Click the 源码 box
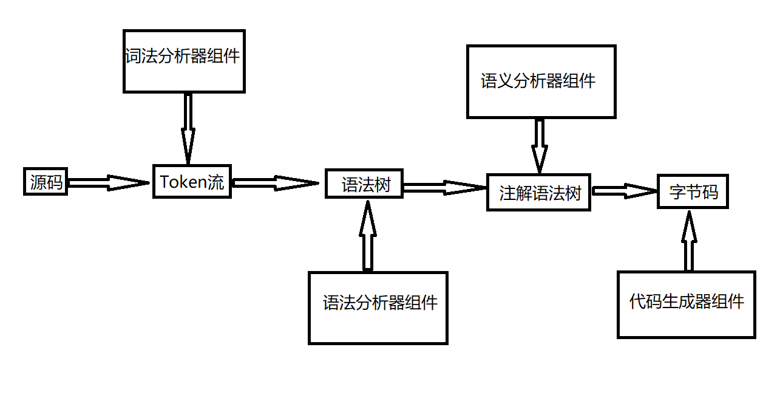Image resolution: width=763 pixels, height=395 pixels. pyautogui.click(x=46, y=182)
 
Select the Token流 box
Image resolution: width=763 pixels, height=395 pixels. pyautogui.click(x=192, y=181)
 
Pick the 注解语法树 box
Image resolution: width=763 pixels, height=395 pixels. pyautogui.click(x=538, y=193)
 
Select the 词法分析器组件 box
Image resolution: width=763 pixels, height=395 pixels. pyautogui.click(x=184, y=61)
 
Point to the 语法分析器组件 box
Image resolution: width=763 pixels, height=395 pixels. pyautogui.click(x=378, y=307)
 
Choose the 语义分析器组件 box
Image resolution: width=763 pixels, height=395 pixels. pyautogui.click(x=541, y=81)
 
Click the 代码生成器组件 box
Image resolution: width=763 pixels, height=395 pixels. pyautogui.click(x=687, y=304)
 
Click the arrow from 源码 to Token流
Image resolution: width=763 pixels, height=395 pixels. pyautogui.click(x=108, y=182)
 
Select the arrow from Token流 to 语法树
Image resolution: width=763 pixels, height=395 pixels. pyautogui.click(x=275, y=182)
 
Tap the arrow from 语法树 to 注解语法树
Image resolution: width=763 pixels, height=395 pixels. pyautogui.click(x=445, y=188)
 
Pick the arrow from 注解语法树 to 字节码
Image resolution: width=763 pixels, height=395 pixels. pyautogui.click(x=624, y=190)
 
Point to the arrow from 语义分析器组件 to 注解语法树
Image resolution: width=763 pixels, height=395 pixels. pyautogui.click(x=538, y=146)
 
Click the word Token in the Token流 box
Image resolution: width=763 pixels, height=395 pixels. pyautogui.click(x=183, y=182)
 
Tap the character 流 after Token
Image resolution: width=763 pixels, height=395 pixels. pyautogui.click(x=216, y=182)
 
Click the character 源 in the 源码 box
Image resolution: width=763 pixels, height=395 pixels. pyautogui.click(x=38, y=182)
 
